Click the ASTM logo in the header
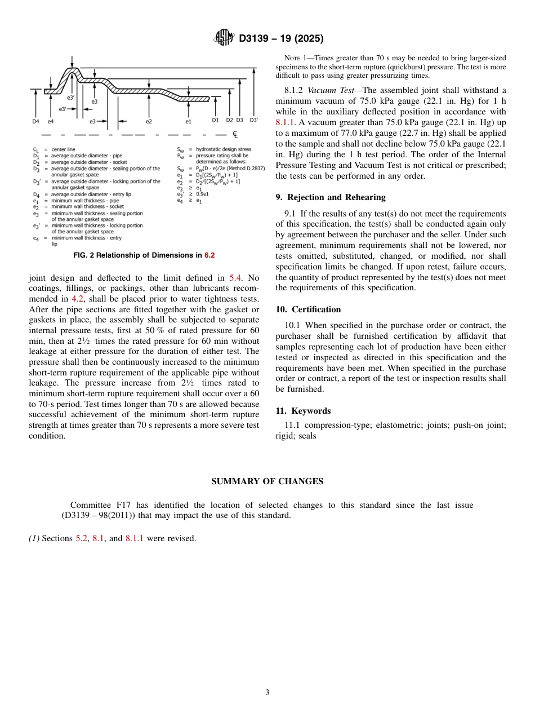(224, 38)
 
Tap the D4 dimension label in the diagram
(35, 121)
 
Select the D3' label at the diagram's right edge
(253, 120)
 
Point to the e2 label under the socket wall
(149, 121)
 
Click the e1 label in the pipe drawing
(188, 121)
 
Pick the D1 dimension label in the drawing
(215, 120)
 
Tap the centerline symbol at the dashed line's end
(235, 135)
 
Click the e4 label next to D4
(51, 121)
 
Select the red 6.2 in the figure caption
(209, 255)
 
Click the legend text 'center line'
(64, 149)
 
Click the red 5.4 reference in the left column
(235, 278)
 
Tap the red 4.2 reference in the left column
(77, 299)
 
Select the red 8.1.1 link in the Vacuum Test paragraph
(286, 122)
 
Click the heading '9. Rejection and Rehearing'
(331, 197)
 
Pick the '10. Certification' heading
(308, 309)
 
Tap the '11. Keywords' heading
(303, 411)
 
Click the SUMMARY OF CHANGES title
(267, 481)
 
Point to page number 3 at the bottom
(267, 693)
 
